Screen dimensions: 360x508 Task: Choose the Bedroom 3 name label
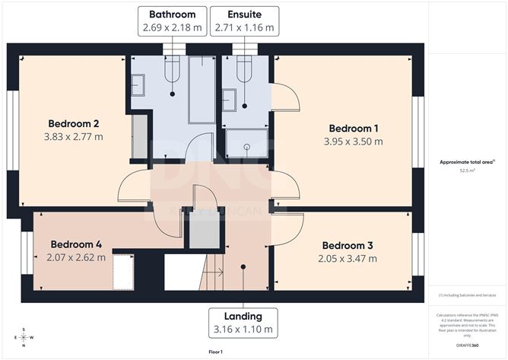point(348,246)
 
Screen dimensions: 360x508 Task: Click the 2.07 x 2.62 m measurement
point(75,258)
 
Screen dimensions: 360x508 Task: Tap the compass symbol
point(24,337)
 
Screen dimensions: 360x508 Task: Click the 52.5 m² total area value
point(467,171)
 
